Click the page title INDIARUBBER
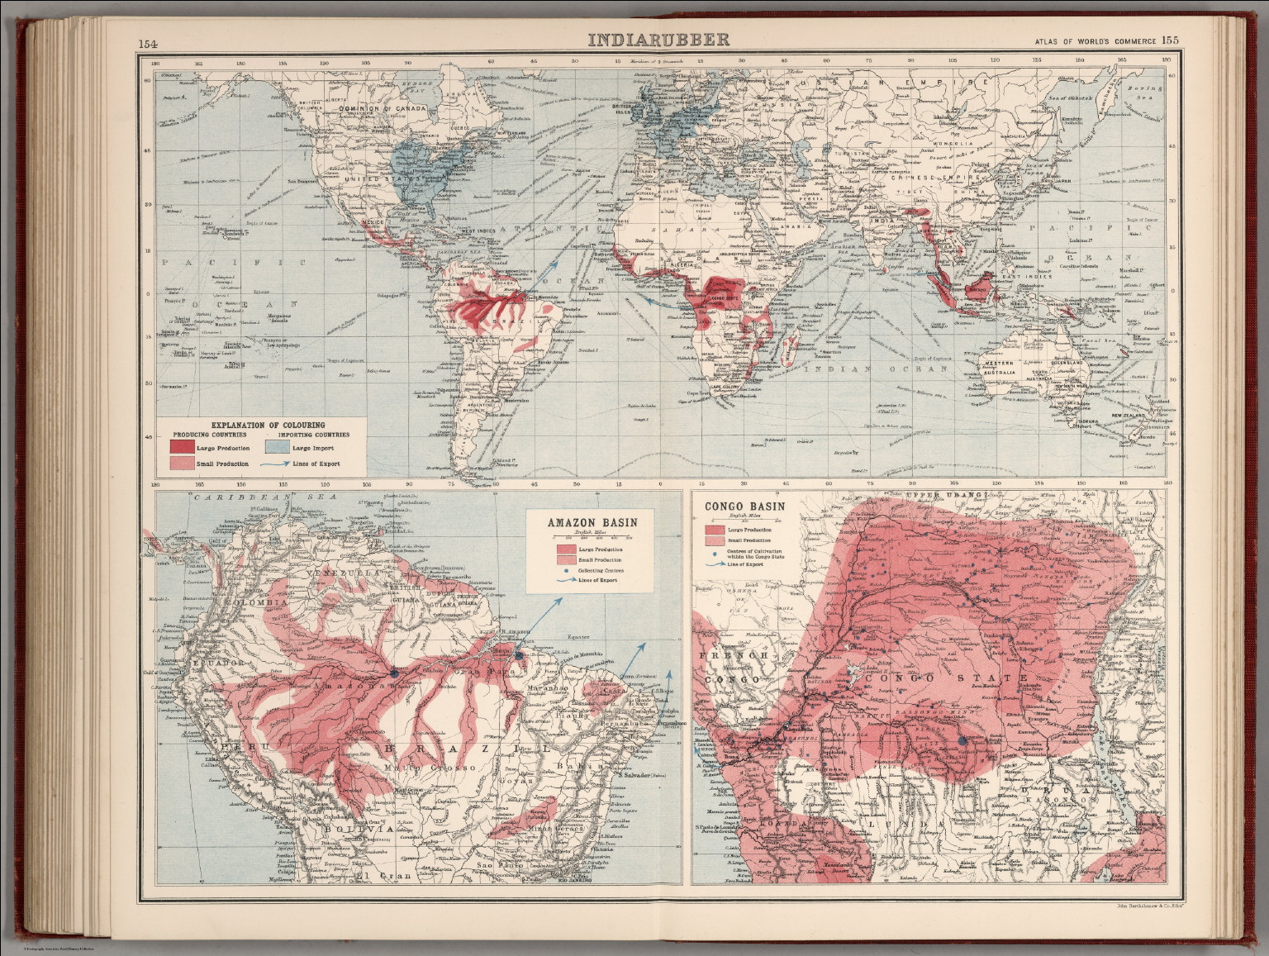pyautogui.click(x=658, y=40)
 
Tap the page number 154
pyautogui.click(x=149, y=43)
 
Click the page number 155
pyautogui.click(x=1171, y=40)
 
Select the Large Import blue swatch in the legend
pyautogui.click(x=275, y=447)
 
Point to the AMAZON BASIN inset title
pyautogui.click(x=590, y=523)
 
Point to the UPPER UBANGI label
pyautogui.click(x=945, y=495)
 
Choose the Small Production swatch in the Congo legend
pyautogui.click(x=715, y=540)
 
